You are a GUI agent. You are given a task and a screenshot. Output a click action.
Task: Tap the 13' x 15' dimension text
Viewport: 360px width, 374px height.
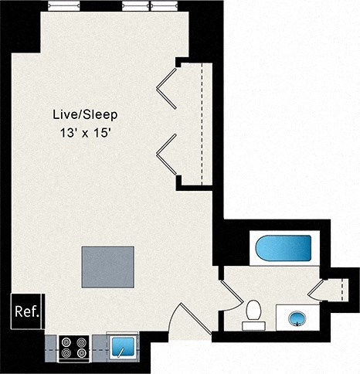90,133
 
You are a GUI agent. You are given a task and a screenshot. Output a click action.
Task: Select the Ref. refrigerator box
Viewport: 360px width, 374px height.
28,311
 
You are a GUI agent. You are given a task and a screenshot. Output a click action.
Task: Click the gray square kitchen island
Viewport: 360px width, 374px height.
109,267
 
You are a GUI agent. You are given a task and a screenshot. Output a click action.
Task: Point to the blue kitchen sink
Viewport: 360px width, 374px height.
123,346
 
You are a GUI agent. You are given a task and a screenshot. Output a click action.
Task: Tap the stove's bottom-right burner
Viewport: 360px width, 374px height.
80,353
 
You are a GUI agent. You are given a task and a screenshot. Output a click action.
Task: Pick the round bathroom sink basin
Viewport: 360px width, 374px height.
297,317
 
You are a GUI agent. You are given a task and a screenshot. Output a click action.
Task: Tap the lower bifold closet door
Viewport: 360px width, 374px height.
166,153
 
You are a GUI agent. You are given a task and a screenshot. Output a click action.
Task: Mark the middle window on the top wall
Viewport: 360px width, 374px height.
135,5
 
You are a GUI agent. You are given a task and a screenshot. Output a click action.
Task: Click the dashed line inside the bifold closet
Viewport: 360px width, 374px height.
202,124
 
